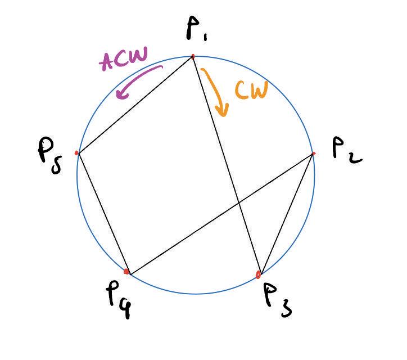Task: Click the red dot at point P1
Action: [x=193, y=56]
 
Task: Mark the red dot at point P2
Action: [x=313, y=153]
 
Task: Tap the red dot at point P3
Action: [x=259, y=275]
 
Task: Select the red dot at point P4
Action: [x=127, y=272]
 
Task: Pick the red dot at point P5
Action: [x=77, y=152]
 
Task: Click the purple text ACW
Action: [x=123, y=58]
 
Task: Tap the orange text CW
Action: [x=250, y=91]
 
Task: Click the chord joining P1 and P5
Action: [x=135, y=105]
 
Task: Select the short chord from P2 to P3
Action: [x=287, y=214]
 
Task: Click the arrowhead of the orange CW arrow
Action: [x=224, y=112]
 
